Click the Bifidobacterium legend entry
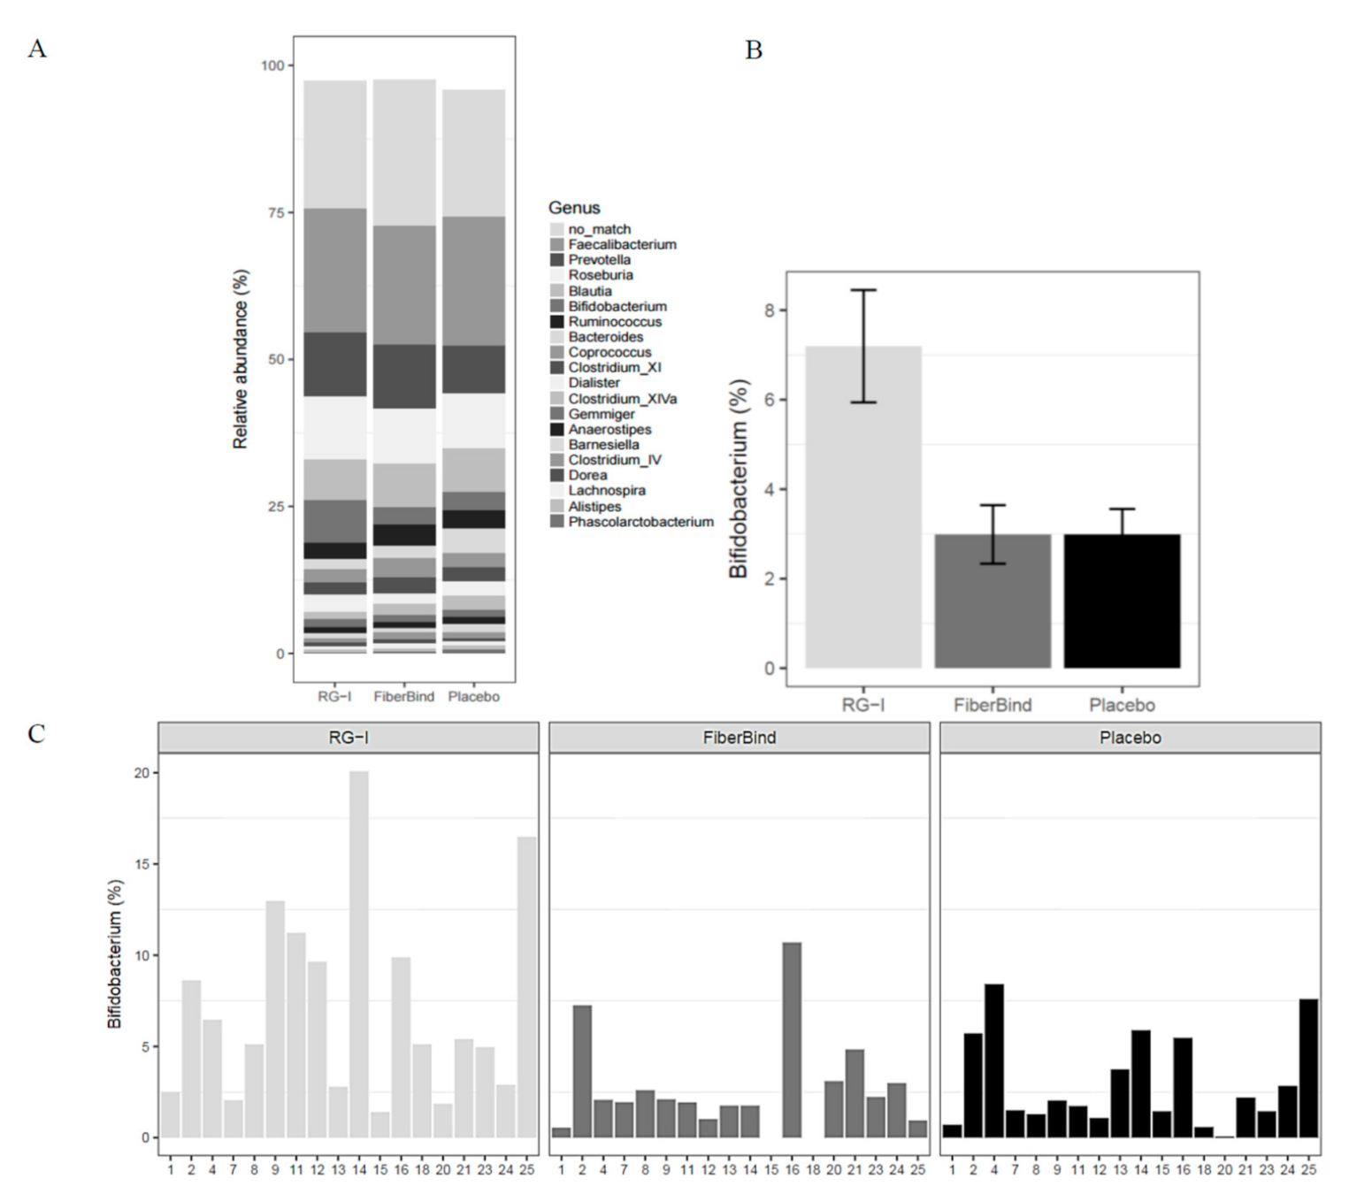[x=617, y=306]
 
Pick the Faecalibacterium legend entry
[x=621, y=244]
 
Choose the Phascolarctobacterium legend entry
[x=640, y=522]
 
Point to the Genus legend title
[x=574, y=208]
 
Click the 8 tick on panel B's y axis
[x=769, y=310]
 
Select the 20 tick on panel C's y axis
[x=142, y=773]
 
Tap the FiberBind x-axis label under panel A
[x=403, y=697]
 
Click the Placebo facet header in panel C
[x=1130, y=738]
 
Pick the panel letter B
[x=754, y=50]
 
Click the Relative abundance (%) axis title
[x=241, y=359]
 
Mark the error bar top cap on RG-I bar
[x=862, y=290]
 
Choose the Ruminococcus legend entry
[x=614, y=322]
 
